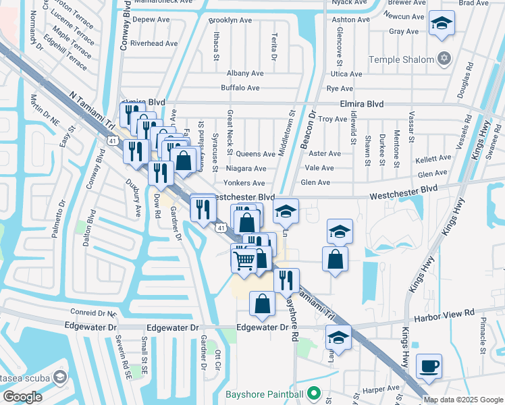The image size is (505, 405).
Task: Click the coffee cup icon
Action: pyautogui.click(x=429, y=367)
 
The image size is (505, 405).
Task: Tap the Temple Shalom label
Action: pyautogui.click(x=405, y=59)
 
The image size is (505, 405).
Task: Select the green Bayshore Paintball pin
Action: pyautogui.click(x=313, y=392)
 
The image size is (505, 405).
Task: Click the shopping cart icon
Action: pyautogui.click(x=244, y=259)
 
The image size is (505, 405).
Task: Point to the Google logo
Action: pyautogui.click(x=22, y=396)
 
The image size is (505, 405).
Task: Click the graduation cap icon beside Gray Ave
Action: pyautogui.click(x=442, y=24)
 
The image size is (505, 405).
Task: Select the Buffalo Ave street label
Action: pyautogui.click(x=240, y=88)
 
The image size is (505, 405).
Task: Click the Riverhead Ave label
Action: pyautogui.click(x=154, y=43)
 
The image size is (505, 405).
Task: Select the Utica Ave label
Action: pyautogui.click(x=346, y=74)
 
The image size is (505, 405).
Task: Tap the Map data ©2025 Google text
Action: pyautogui.click(x=462, y=400)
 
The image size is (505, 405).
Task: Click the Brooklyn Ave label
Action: pyautogui.click(x=230, y=20)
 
